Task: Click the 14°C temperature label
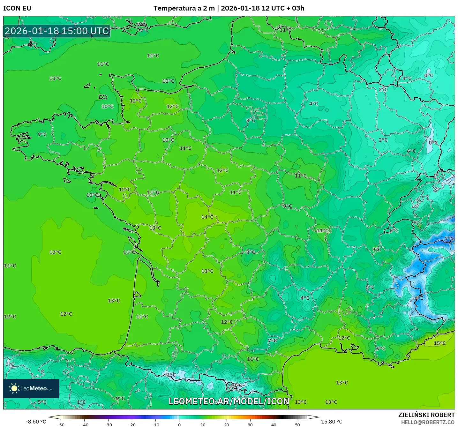207,217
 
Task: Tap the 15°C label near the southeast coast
439,343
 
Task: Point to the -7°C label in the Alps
449,238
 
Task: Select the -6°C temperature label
418,298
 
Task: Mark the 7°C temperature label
272,341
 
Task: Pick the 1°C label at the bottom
81,402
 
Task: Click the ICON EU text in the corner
17,8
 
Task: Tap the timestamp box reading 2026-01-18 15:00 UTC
57,31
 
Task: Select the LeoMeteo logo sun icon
14,388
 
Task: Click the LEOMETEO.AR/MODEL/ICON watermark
229,401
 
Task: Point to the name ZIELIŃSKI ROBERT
426,415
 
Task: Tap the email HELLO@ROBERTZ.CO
428,422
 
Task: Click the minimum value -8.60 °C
36,422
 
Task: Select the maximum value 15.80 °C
331,422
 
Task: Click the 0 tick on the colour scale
179,424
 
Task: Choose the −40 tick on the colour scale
84,424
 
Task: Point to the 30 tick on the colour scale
250,424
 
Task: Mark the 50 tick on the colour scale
297,424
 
